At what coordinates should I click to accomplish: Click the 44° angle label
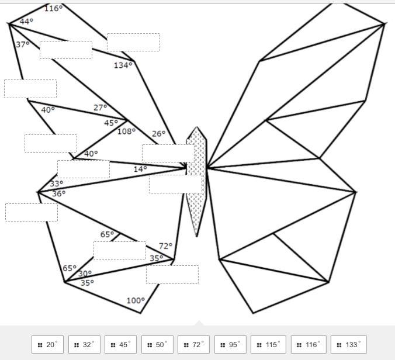(26, 22)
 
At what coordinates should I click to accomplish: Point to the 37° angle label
(23, 44)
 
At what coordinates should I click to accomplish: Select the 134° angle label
(123, 65)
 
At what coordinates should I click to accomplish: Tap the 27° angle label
(101, 108)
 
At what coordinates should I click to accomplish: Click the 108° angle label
(126, 131)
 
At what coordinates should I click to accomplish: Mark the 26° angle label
(159, 134)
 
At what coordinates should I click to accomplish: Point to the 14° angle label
(140, 169)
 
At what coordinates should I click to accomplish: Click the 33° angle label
(57, 184)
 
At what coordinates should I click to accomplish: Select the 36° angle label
(58, 193)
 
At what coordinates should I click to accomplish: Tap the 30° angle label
(85, 274)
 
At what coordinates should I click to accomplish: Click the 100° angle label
(136, 300)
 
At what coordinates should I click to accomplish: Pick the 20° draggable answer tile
(47, 344)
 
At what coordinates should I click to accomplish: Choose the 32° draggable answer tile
(84, 344)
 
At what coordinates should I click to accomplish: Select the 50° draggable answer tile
(157, 344)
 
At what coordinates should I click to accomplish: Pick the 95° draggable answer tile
(230, 344)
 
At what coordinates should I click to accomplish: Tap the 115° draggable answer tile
(269, 344)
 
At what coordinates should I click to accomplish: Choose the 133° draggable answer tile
(349, 344)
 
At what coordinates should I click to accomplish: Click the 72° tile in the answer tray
(193, 344)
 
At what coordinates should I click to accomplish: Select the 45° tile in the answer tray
(121, 344)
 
